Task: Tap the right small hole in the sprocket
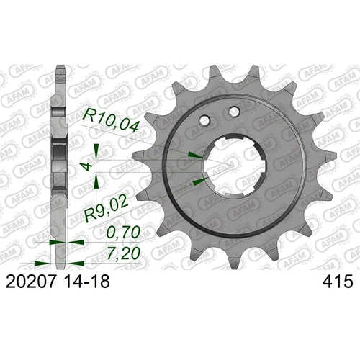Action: click(x=233, y=112)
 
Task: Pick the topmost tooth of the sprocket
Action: click(x=214, y=73)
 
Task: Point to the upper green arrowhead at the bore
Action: click(x=192, y=153)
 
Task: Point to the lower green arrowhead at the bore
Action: click(x=197, y=180)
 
